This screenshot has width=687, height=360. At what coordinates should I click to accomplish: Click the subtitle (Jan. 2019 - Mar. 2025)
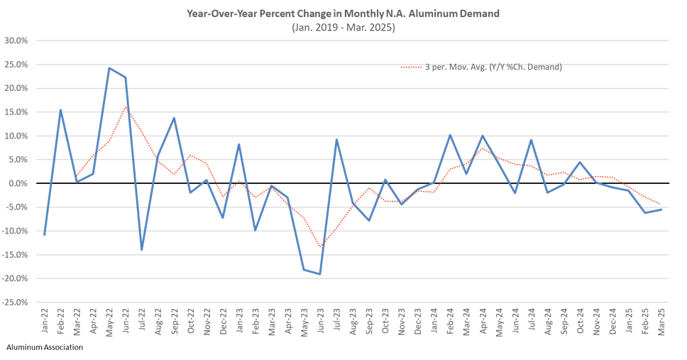[x=343, y=27]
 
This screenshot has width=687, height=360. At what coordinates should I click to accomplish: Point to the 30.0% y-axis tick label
[x=15, y=40]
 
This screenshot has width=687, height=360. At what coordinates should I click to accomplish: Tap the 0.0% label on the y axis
[x=16, y=183]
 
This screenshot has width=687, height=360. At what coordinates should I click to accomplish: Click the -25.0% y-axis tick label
[x=14, y=302]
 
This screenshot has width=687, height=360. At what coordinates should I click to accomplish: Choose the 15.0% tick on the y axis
[x=15, y=112]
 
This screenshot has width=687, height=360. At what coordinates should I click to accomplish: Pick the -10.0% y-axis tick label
[x=14, y=231]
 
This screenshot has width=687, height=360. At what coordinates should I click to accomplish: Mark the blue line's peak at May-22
[x=109, y=68]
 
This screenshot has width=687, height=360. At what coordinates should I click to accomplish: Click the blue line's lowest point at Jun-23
[x=320, y=274]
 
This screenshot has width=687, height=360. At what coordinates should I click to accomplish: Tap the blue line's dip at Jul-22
[x=142, y=250]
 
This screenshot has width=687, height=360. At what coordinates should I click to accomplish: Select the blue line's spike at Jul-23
[x=336, y=139]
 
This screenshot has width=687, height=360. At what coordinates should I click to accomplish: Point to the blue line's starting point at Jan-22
[x=45, y=235]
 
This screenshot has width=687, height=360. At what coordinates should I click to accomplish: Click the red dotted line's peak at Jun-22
[x=126, y=107]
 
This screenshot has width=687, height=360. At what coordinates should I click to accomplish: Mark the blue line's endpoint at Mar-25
[x=662, y=209]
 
